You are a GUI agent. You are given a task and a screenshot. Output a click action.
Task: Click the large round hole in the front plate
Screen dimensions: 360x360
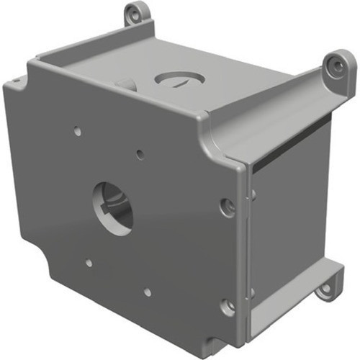click(x=113, y=208)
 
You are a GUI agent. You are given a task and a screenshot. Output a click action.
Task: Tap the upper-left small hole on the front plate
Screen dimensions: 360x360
click(x=77, y=132)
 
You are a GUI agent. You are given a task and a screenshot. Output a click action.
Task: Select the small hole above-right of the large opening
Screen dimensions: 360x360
click(x=140, y=153)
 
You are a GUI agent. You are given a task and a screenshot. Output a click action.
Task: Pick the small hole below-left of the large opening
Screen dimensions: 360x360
click(x=89, y=263)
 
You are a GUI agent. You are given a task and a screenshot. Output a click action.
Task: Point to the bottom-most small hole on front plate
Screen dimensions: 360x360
click(x=147, y=292)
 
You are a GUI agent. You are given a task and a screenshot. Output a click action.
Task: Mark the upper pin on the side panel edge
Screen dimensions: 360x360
click(x=253, y=193)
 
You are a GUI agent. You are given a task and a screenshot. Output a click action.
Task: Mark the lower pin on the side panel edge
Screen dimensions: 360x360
click(x=253, y=292)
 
